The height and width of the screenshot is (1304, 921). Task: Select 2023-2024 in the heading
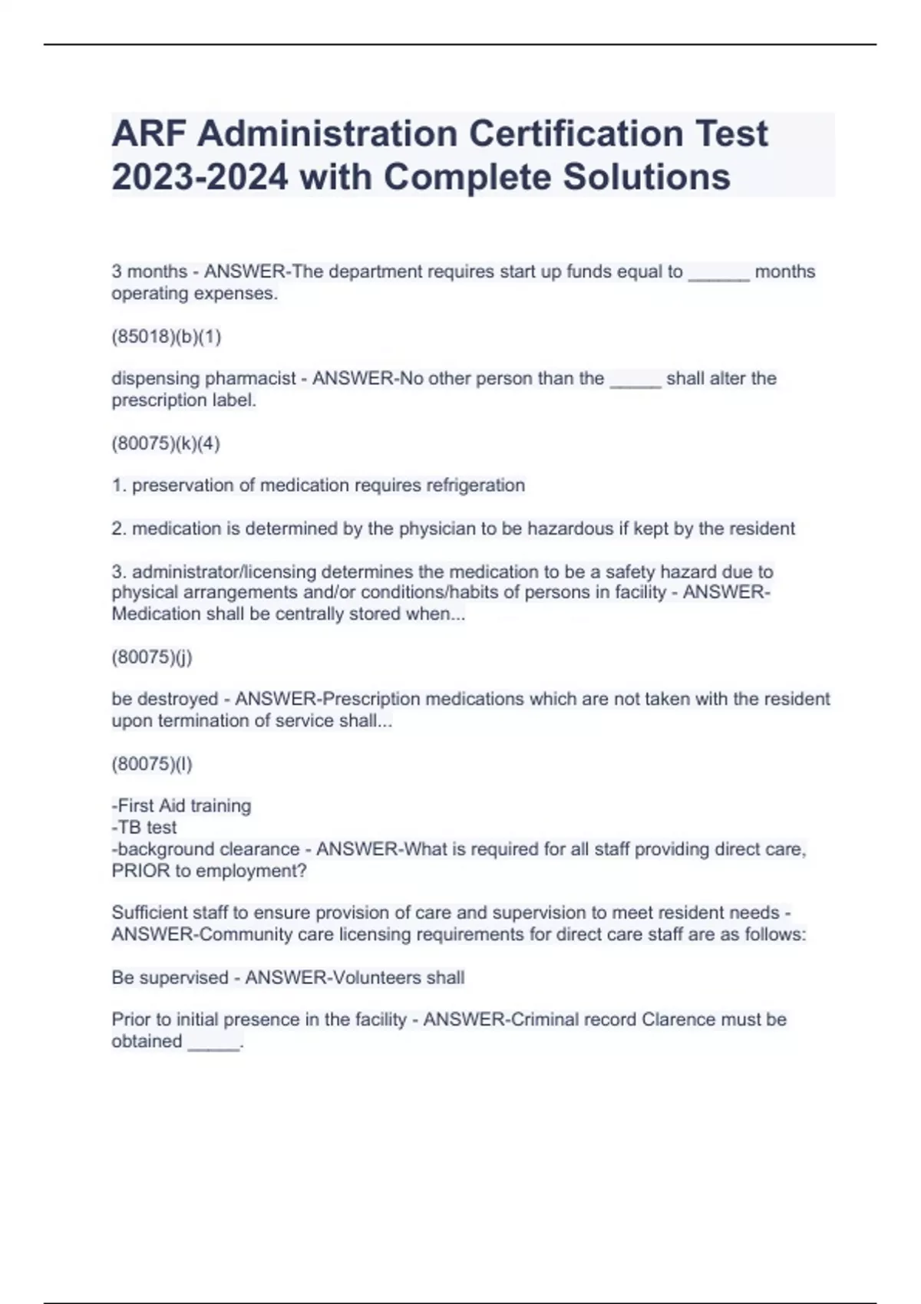click(200, 177)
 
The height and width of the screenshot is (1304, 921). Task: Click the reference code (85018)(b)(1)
click(167, 336)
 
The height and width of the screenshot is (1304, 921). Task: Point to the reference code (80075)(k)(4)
click(166, 443)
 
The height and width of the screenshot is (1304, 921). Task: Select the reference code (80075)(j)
click(152, 657)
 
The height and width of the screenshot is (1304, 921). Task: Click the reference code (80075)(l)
click(152, 763)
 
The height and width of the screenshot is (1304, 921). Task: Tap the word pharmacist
click(250, 378)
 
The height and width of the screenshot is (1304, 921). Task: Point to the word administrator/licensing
click(224, 571)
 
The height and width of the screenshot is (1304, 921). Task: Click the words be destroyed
click(165, 699)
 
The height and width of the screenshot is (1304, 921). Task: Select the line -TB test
click(144, 827)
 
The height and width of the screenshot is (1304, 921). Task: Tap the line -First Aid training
click(181, 805)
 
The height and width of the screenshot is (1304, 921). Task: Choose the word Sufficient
click(148, 913)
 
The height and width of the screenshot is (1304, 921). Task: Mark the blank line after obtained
click(214, 1043)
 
